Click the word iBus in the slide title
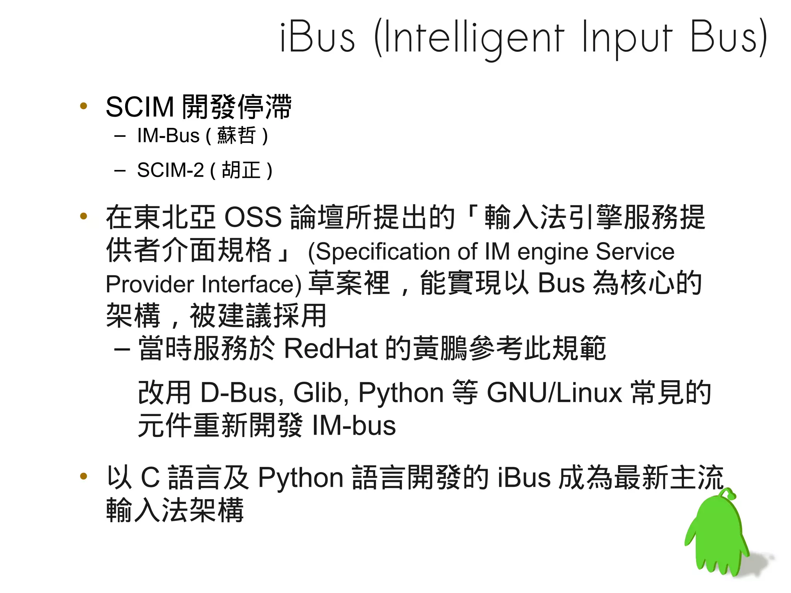(317, 37)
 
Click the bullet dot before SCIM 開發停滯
(83, 106)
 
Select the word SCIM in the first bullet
(140, 107)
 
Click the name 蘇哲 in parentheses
(236, 136)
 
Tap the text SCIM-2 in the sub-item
(170, 170)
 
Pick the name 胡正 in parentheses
(241, 170)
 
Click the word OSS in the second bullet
(253, 217)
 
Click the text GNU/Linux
(554, 393)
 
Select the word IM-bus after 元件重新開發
(354, 426)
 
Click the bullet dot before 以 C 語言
(83, 476)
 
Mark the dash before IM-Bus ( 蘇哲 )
(120, 136)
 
